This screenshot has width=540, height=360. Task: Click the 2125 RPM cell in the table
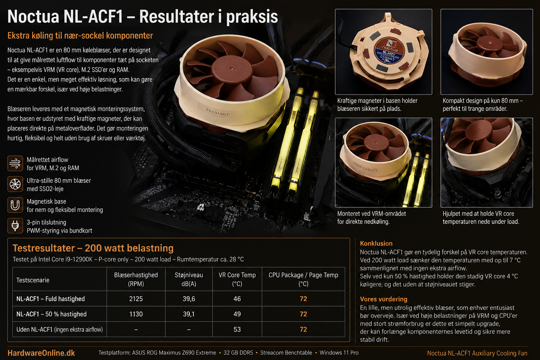136,299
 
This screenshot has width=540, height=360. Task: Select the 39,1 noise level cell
189,314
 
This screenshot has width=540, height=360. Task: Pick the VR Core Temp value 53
237,329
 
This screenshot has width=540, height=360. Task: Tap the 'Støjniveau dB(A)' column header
189,279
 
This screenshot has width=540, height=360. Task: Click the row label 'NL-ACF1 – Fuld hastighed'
51,299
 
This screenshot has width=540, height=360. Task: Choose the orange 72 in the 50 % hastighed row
303,314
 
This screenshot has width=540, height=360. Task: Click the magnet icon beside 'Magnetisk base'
15,205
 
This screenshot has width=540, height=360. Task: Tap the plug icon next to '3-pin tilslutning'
15,226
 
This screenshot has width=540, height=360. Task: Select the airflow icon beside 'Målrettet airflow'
15,163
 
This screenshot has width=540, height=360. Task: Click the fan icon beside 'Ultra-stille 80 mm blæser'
15,184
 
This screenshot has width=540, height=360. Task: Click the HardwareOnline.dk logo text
41,353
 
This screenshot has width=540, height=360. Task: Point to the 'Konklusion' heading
376,243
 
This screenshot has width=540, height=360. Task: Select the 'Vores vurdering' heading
384,299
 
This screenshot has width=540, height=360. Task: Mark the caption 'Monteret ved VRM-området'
372,214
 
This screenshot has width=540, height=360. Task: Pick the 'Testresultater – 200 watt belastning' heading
93,248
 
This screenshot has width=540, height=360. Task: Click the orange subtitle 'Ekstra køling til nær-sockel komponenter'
80,36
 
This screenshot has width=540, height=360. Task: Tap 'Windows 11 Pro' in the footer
339,353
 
